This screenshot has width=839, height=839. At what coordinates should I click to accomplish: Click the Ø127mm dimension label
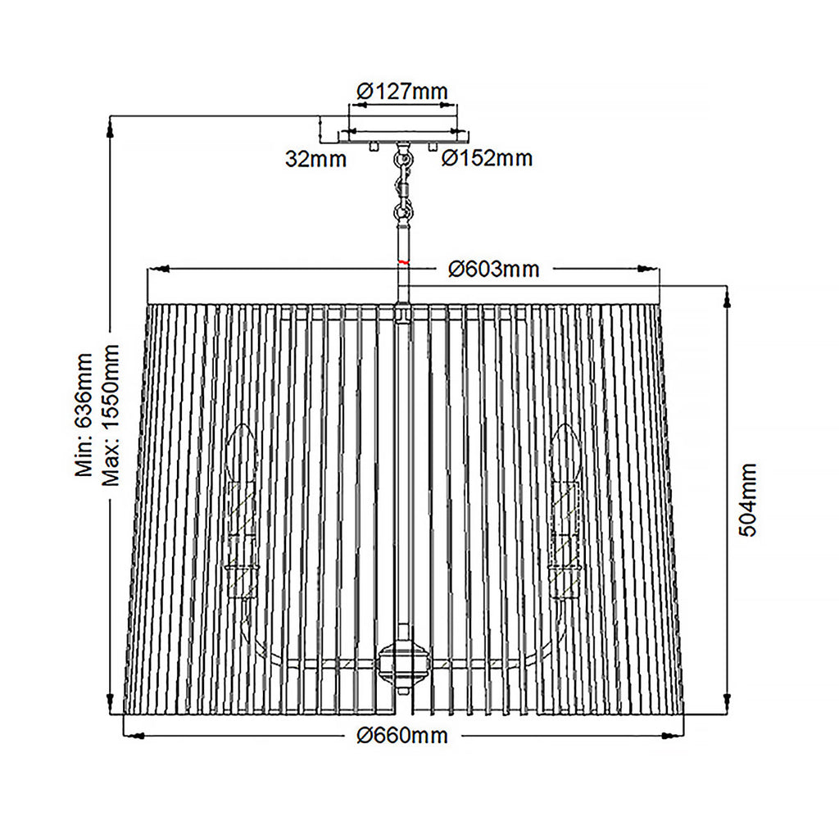[401, 92]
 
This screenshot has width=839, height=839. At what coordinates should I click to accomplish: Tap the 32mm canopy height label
[315, 159]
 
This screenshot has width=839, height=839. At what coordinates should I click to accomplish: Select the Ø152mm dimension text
[487, 158]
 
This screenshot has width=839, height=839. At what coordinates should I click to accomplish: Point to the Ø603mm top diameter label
[493, 269]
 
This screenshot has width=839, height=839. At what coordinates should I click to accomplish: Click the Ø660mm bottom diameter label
[401, 735]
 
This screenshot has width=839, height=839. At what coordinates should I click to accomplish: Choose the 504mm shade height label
[747, 500]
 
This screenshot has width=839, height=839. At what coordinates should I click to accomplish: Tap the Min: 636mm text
[84, 414]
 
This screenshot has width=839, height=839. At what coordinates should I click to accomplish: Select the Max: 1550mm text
[111, 415]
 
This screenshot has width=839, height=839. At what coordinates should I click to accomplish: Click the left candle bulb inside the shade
[242, 452]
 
